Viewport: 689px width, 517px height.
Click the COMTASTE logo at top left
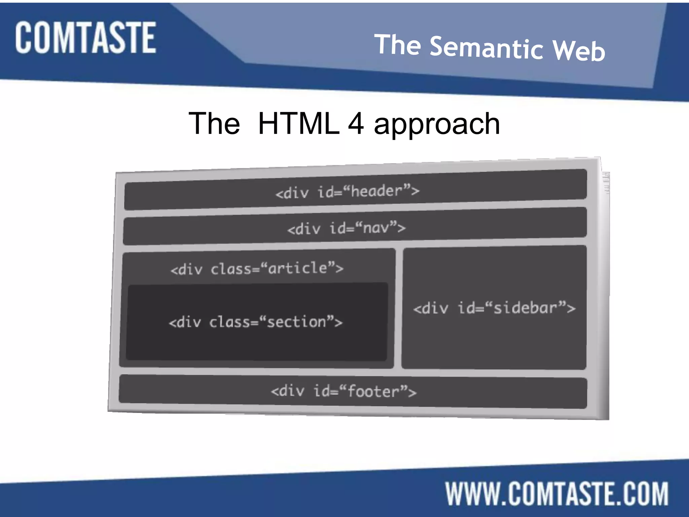pos(85,37)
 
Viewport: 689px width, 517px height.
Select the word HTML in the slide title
pos(299,123)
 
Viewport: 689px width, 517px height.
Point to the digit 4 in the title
pos(356,123)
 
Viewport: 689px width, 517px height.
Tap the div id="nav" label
pos(347,228)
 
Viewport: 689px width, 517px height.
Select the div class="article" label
pos(257,269)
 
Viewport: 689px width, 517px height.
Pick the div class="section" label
pos(256,322)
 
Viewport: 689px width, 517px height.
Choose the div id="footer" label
pos(343,391)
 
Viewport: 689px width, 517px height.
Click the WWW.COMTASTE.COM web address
pos(557,494)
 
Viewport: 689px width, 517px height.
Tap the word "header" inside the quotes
pos(377,191)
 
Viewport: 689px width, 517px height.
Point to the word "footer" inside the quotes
pos(373,391)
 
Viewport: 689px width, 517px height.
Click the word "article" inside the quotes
pos(298,268)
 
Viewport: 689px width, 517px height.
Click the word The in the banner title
pos(398,44)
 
